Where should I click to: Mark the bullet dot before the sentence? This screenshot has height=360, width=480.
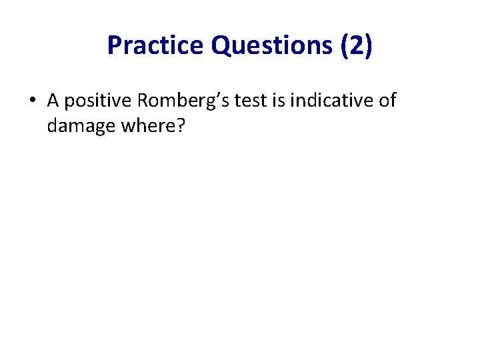(x=32, y=101)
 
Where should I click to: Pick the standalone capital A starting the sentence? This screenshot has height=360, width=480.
(x=53, y=101)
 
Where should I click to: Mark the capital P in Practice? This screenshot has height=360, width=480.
(x=114, y=45)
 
